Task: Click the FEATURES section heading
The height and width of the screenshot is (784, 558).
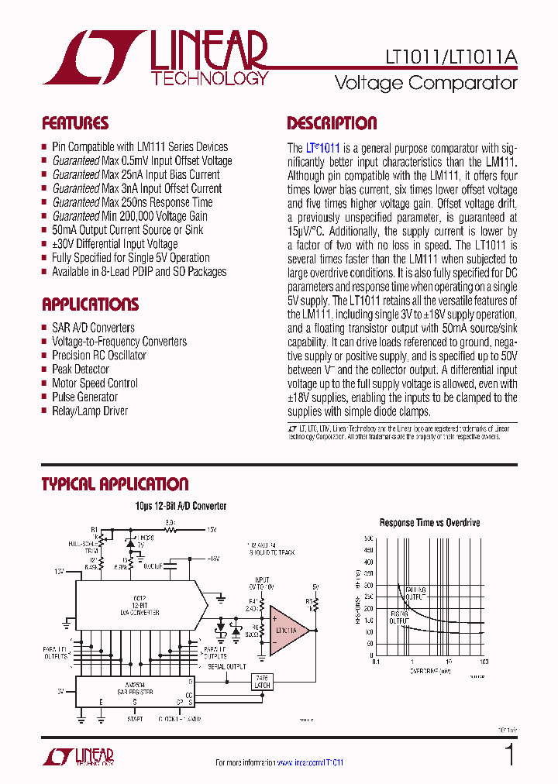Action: pyautogui.click(x=74, y=123)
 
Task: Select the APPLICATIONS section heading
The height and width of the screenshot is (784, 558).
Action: pyautogui.click(x=90, y=304)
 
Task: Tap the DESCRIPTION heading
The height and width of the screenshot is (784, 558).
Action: pyautogui.click(x=332, y=123)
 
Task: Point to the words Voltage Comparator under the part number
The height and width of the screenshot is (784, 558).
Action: pyautogui.click(x=425, y=82)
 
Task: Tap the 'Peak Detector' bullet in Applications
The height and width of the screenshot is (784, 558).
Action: pyautogui.click(x=81, y=370)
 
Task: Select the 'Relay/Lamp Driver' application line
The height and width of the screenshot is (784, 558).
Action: pyautogui.click(x=90, y=411)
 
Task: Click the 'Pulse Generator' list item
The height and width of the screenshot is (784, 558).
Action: pyautogui.click(x=85, y=397)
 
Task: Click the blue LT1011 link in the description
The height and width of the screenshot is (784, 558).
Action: pyautogui.click(x=323, y=148)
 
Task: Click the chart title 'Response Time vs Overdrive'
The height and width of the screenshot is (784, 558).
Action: pyautogui.click(x=429, y=523)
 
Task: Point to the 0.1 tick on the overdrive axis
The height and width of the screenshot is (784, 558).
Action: pyautogui.click(x=375, y=663)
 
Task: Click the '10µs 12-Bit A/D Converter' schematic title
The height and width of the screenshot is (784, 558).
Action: pyautogui.click(x=181, y=506)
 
